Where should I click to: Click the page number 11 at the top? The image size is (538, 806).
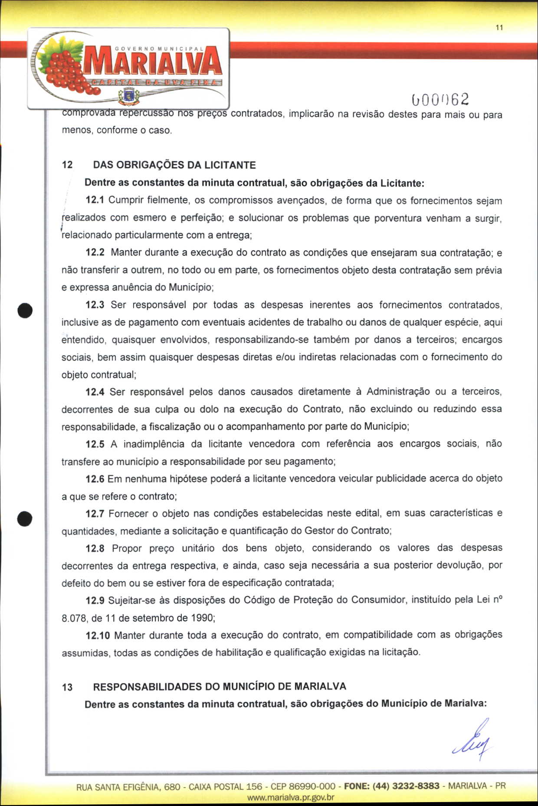pos(499,28)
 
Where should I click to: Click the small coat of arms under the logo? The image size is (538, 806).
pos(128,95)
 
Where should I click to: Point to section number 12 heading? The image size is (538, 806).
pos(67,165)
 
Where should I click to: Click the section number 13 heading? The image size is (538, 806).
pos(67,687)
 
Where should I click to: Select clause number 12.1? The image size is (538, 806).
pos(95,200)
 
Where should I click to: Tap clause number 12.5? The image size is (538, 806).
pos(95,444)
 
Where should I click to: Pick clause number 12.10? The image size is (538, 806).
pos(98,636)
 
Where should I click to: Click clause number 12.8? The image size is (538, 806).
pos(95,548)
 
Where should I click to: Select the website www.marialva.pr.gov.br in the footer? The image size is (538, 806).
pos(290,797)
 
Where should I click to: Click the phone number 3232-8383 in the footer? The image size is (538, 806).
pos(416,786)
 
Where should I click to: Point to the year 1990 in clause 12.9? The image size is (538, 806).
pos(202,618)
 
